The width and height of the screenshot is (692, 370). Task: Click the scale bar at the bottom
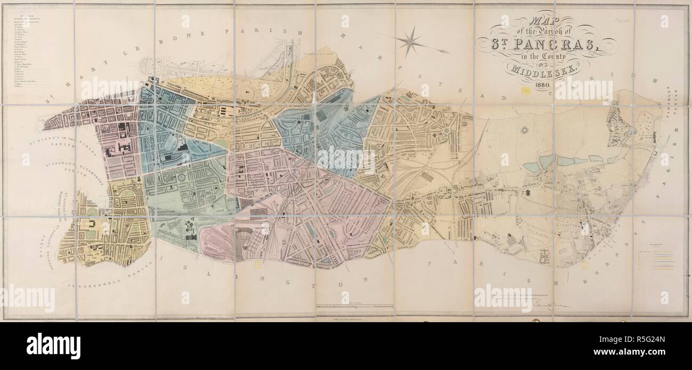click(355, 306)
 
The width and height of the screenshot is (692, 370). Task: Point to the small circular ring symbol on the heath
click(524, 130)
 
